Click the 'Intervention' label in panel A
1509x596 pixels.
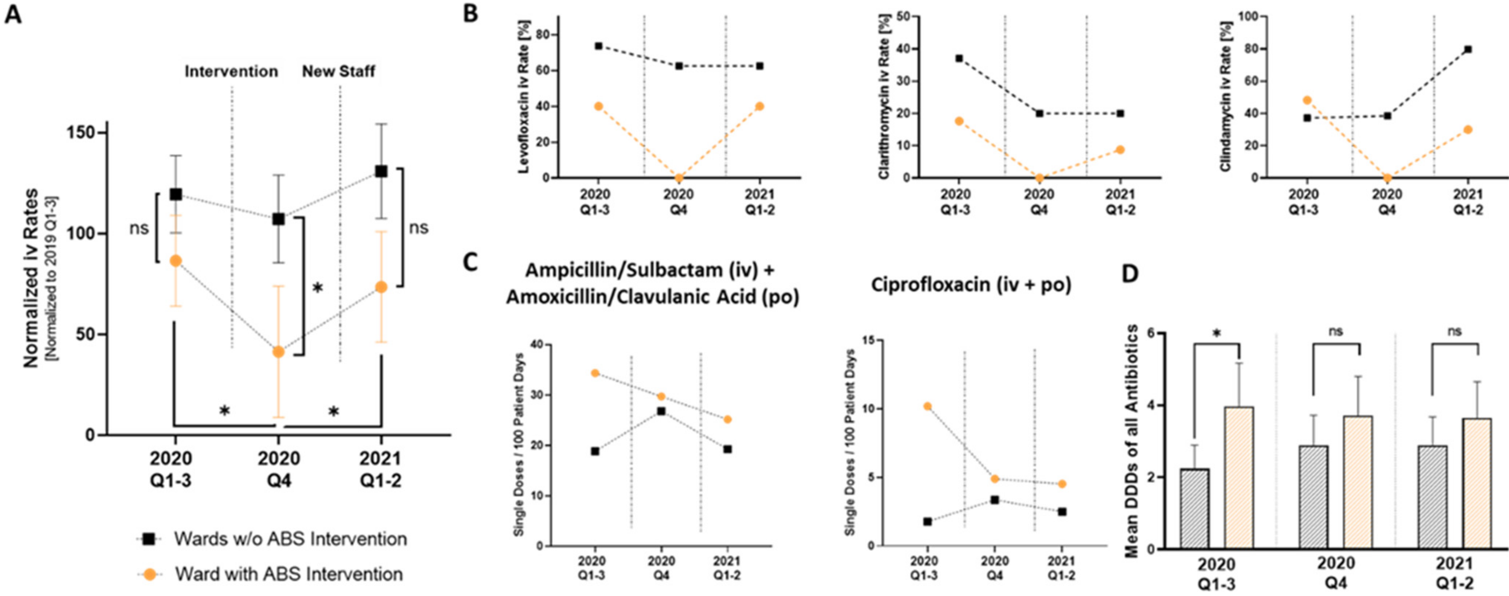231,71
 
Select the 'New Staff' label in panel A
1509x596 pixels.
339,71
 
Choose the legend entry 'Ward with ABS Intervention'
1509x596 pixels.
288,574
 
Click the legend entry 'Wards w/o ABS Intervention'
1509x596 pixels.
290,538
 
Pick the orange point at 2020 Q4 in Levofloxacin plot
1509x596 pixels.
679,177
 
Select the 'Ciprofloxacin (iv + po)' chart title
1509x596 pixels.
971,285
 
